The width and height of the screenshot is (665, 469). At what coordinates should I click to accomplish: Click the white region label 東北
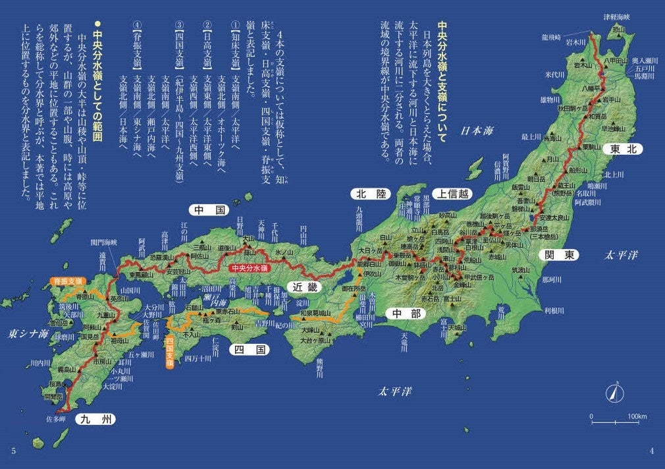point(622,149)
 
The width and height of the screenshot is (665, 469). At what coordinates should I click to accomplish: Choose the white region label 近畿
point(306,287)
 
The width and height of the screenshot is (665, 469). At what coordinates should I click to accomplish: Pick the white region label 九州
point(95,418)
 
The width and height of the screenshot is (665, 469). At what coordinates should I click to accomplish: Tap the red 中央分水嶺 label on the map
point(249,268)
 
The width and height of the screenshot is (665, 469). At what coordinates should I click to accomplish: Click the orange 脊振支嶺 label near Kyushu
point(69,281)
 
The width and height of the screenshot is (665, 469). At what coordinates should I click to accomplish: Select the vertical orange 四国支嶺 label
point(169,352)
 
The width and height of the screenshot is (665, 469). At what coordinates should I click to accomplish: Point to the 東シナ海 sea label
point(26,333)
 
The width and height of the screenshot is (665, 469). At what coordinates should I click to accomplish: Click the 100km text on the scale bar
point(637,417)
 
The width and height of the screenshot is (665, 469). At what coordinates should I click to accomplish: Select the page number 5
point(13,451)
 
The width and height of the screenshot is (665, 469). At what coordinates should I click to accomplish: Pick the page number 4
point(651,451)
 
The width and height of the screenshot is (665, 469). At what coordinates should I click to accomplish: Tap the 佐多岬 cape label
point(55,418)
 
